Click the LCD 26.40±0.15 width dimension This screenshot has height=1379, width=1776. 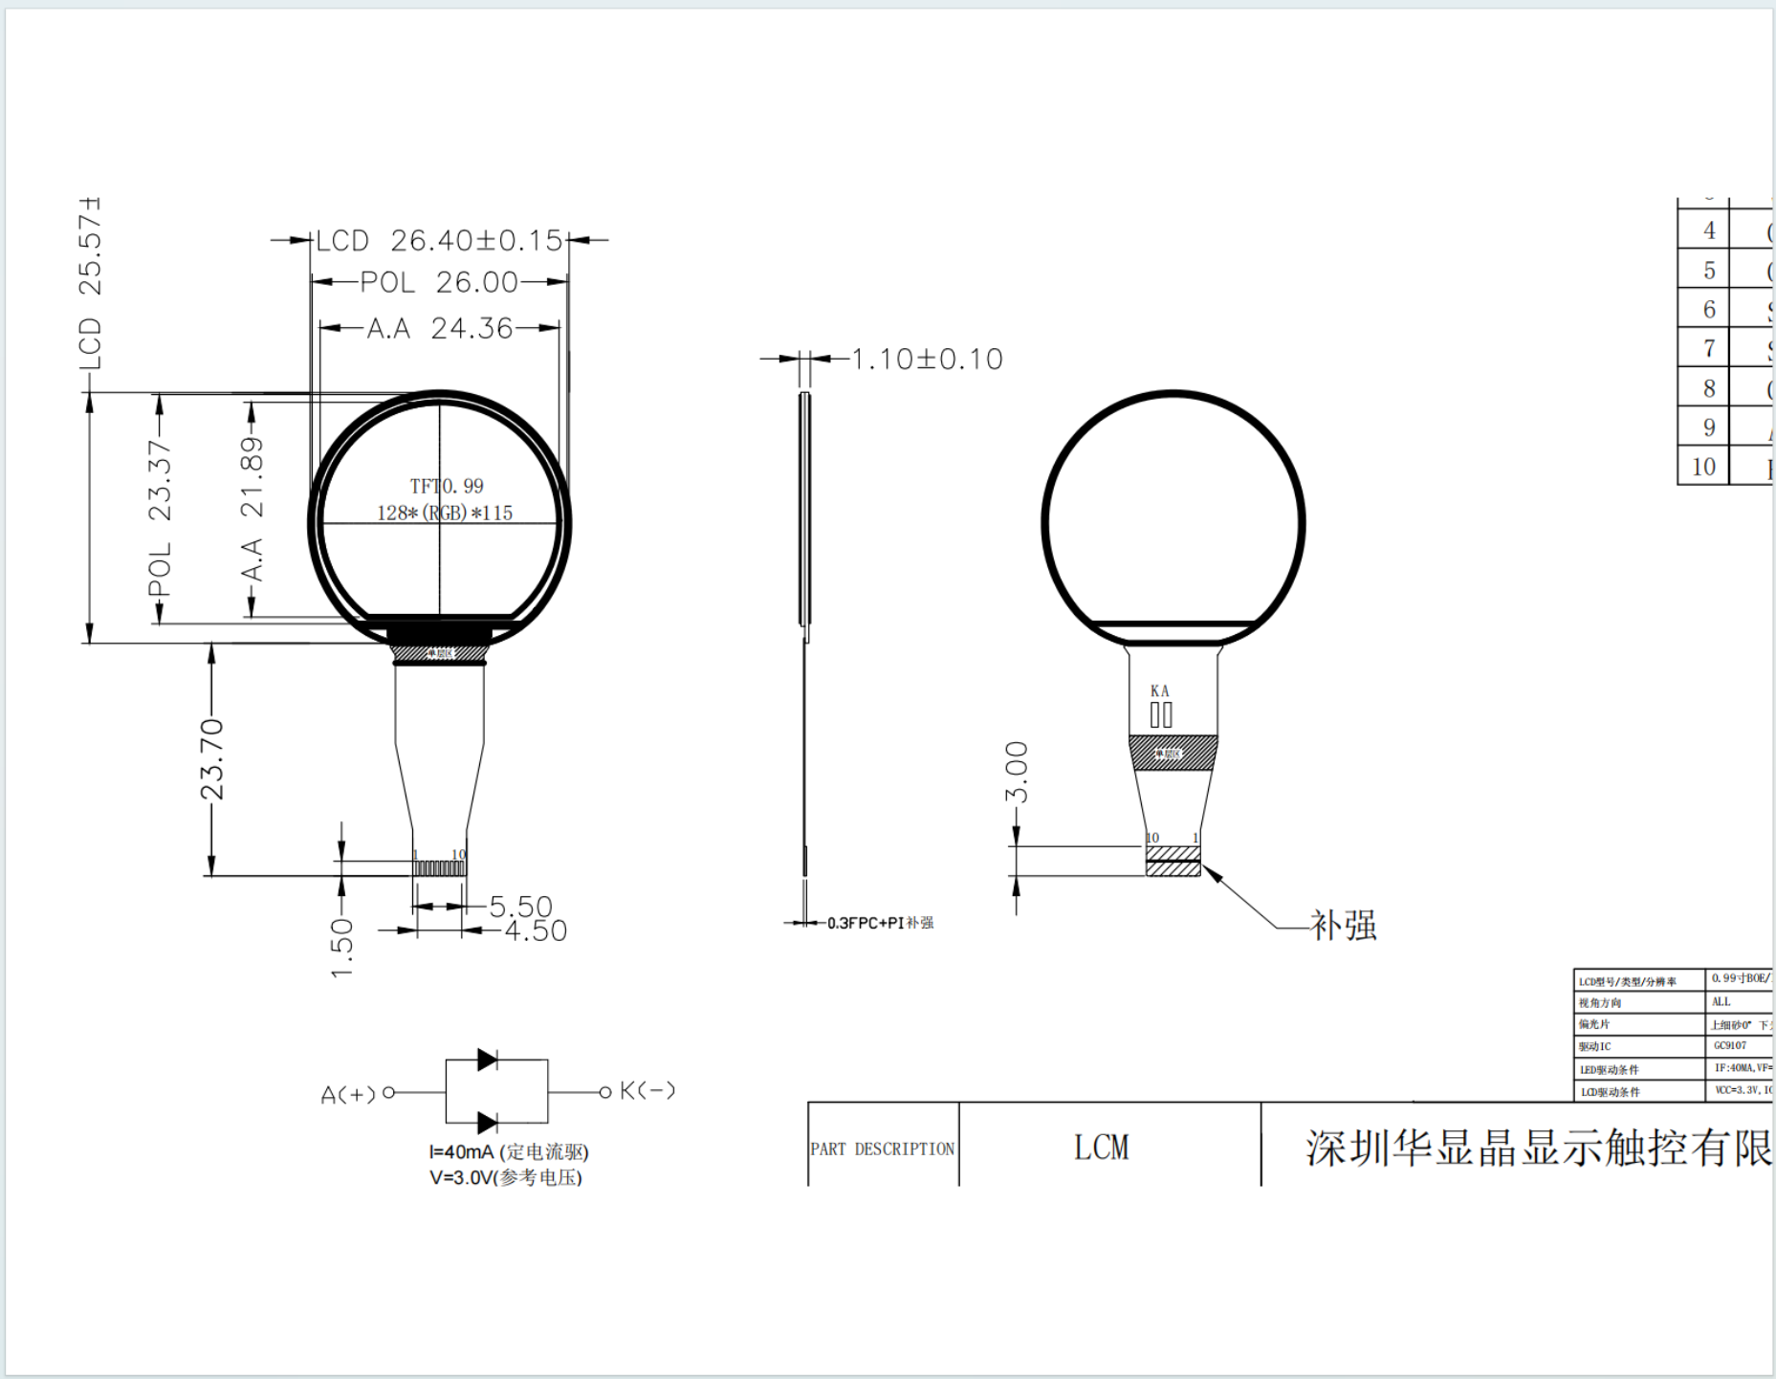click(x=439, y=240)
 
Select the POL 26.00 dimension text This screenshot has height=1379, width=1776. click(x=439, y=282)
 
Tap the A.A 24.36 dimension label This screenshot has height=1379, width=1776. click(x=439, y=328)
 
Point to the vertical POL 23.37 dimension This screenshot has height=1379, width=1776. click(x=160, y=517)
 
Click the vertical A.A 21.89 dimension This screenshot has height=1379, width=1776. click(x=252, y=508)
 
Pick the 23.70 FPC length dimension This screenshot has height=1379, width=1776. click(x=211, y=759)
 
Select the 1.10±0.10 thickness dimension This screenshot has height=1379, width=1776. click(x=927, y=359)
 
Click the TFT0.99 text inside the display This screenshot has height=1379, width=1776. click(x=447, y=486)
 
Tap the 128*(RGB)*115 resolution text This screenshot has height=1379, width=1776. click(x=445, y=513)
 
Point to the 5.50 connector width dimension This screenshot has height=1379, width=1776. click(x=520, y=906)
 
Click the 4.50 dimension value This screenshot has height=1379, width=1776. click(x=536, y=930)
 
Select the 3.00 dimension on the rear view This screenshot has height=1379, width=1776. click(x=1017, y=772)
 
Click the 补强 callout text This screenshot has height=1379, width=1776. click(x=1344, y=925)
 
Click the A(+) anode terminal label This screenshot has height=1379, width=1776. click(x=348, y=1094)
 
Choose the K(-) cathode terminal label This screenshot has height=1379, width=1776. click(x=647, y=1090)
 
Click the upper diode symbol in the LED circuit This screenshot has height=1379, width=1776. click(x=487, y=1060)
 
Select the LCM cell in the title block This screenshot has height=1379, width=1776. click(x=1102, y=1148)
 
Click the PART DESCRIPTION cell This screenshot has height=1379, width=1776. click(x=882, y=1149)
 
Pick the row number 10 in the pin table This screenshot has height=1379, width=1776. click(x=1703, y=467)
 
